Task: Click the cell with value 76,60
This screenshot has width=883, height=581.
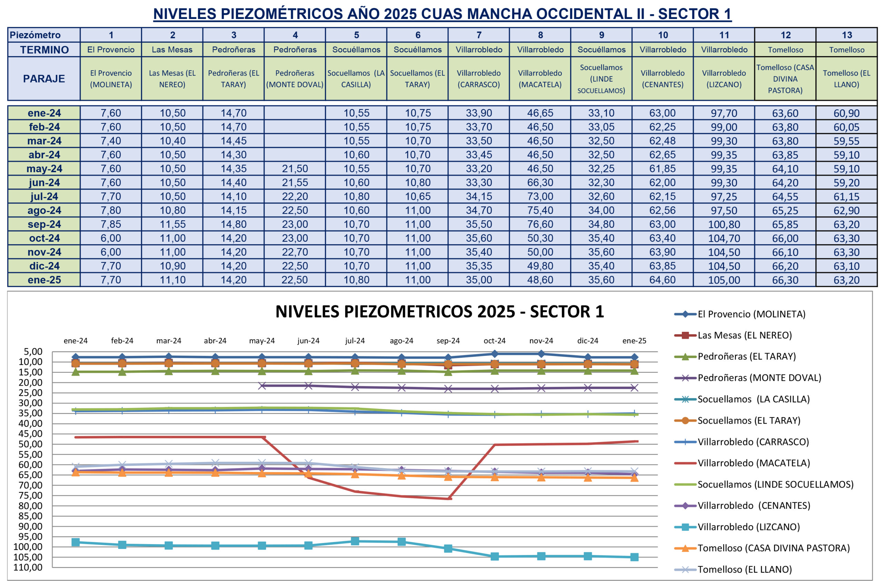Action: pyautogui.click(x=540, y=224)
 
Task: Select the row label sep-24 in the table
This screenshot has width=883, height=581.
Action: pyautogui.click(x=44, y=224)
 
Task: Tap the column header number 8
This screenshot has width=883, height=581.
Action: pyautogui.click(x=540, y=35)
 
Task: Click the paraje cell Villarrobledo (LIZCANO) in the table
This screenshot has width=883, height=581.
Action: pyautogui.click(x=724, y=79)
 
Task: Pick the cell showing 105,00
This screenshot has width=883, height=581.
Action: pyautogui.click(x=724, y=280)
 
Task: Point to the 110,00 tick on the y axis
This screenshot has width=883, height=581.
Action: pyautogui.click(x=28, y=567)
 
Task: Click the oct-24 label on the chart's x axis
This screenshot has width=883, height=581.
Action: pyautogui.click(x=495, y=340)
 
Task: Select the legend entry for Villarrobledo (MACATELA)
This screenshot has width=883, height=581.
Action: pyautogui.click(x=753, y=463)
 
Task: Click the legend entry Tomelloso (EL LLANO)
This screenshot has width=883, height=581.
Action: pyautogui.click(x=744, y=569)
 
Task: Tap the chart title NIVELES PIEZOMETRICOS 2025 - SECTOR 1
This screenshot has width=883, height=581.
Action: pyautogui.click(x=440, y=311)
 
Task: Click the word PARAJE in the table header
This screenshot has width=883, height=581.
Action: pyautogui.click(x=44, y=79)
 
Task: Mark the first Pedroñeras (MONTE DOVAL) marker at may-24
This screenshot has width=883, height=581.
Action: pyautogui.click(x=262, y=386)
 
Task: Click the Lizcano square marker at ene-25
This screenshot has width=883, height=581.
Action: pyautogui.click(x=634, y=557)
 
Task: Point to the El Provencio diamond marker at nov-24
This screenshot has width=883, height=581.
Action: pyautogui.click(x=541, y=354)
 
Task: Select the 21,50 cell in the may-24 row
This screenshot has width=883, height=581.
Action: pyautogui.click(x=295, y=168)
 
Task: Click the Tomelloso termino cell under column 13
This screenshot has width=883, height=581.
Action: pyautogui.click(x=847, y=50)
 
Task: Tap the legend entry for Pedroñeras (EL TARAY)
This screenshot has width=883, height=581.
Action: pyautogui.click(x=746, y=356)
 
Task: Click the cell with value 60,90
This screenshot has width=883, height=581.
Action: pyautogui.click(x=847, y=113)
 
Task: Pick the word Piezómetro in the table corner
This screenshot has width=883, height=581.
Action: pyautogui.click(x=35, y=35)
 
